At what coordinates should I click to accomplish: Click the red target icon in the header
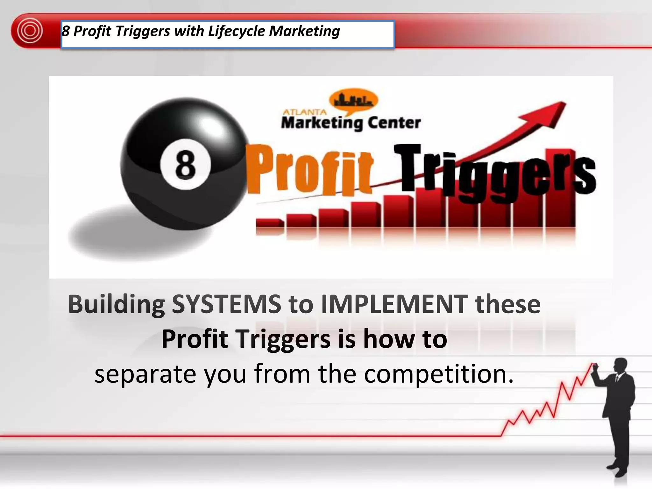(30, 31)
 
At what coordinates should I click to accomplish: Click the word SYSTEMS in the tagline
(226, 304)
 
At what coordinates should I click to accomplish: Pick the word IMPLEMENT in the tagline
(394, 304)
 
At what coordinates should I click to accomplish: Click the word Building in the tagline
(116, 304)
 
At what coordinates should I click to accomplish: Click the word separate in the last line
(145, 374)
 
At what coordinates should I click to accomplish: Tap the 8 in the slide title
(66, 31)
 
